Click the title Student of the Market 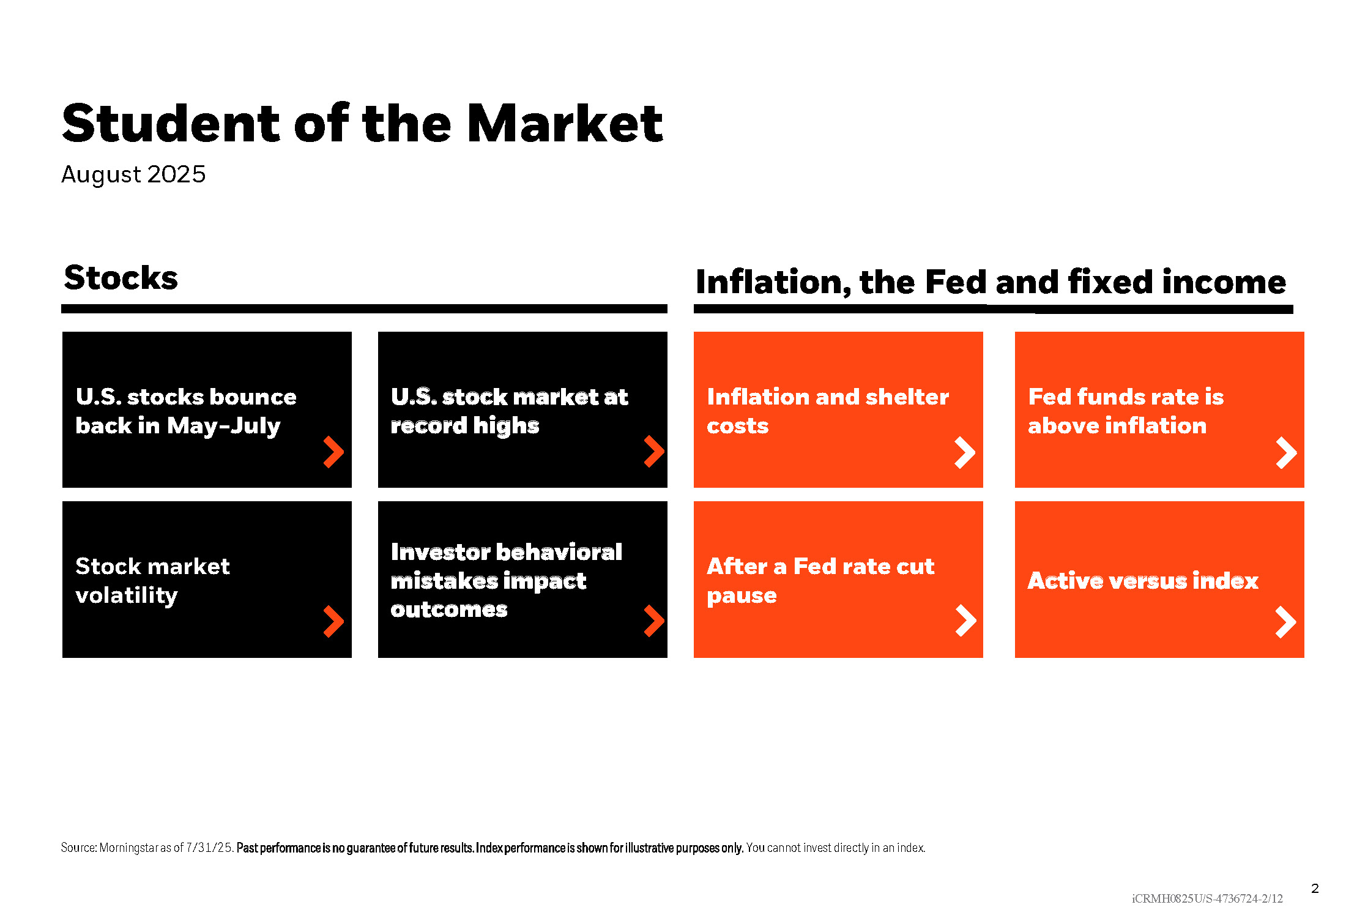(x=362, y=123)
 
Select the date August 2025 (x=133, y=174)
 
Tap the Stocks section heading (x=121, y=278)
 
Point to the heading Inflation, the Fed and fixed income (x=991, y=282)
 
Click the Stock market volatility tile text (x=152, y=580)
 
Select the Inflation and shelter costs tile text (x=828, y=411)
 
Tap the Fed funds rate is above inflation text (x=1126, y=411)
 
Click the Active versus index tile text (x=1143, y=580)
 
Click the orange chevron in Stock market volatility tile (x=334, y=622)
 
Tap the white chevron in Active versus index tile (x=1286, y=622)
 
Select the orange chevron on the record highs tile (x=655, y=452)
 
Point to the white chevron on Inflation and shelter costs (x=965, y=453)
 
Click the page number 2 (x=1315, y=889)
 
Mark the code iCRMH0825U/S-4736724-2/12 (x=1207, y=898)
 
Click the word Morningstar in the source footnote (x=128, y=848)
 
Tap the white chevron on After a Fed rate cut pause (x=966, y=621)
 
